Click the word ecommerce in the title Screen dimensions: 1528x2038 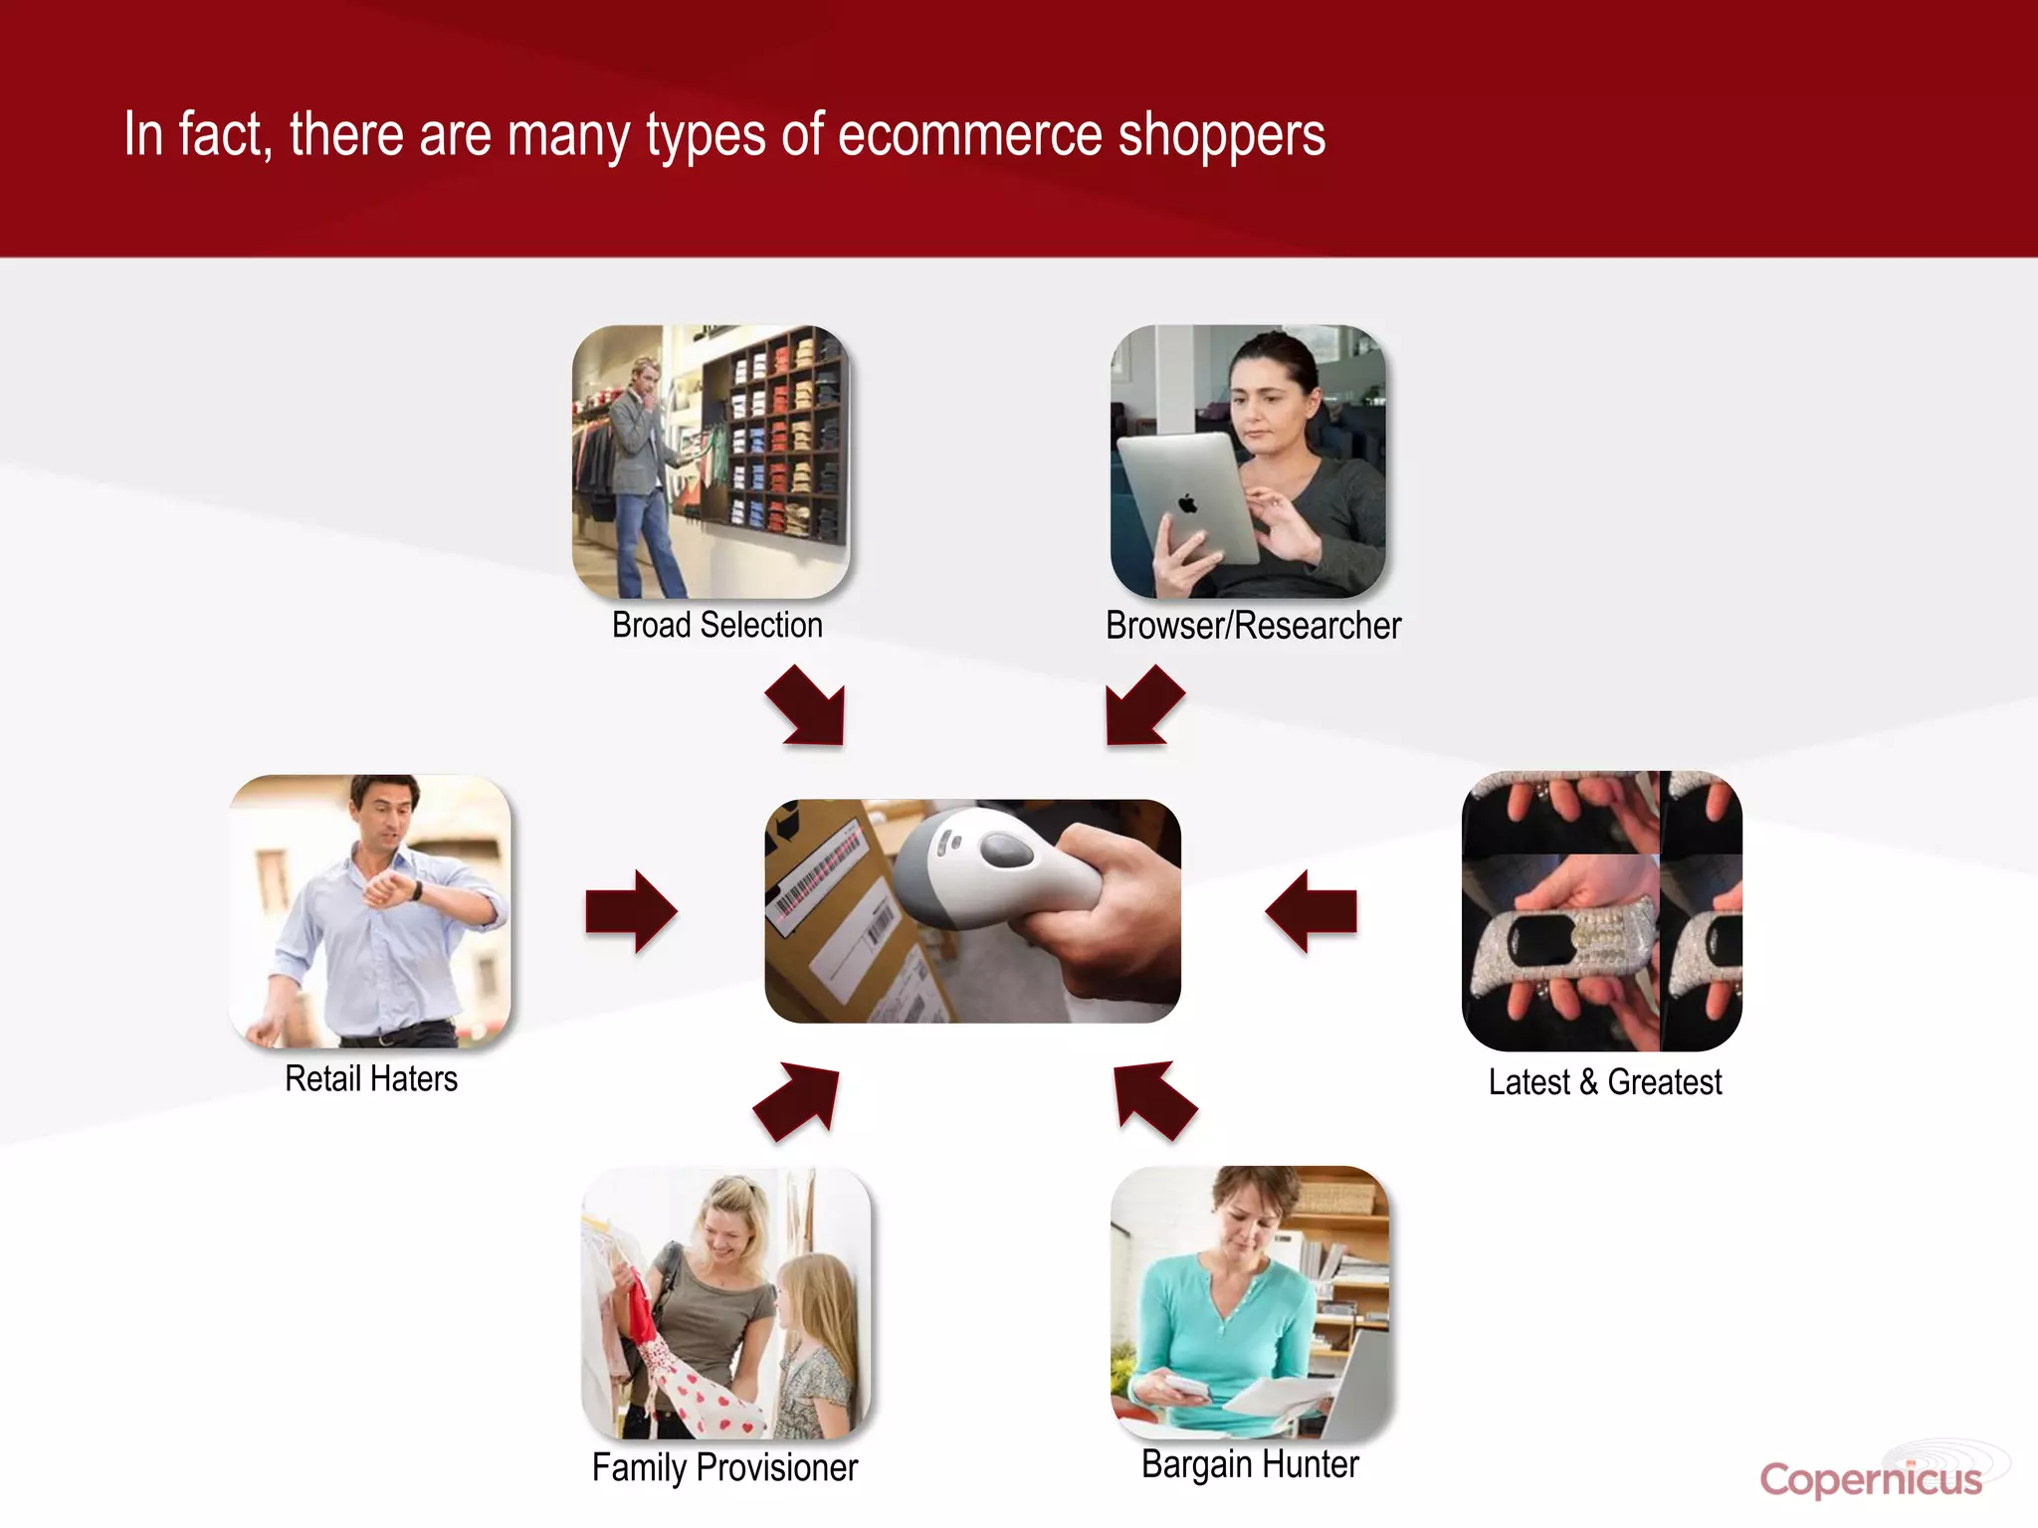[x=969, y=135]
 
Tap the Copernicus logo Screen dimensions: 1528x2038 [x=1871, y=1479]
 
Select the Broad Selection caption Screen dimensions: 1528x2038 [x=716, y=626]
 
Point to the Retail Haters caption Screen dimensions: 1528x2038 [x=371, y=1079]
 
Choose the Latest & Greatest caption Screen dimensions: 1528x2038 [x=1604, y=1082]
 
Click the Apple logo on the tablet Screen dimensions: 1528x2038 [x=1188, y=503]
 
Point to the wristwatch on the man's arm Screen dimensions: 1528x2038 [x=416, y=889]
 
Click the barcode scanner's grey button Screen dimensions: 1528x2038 [x=1007, y=851]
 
